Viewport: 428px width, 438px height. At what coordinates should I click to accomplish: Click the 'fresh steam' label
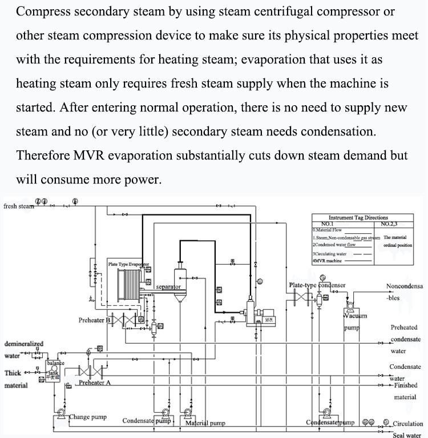pos(19,206)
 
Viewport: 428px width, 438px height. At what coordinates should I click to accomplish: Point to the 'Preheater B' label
pos(95,320)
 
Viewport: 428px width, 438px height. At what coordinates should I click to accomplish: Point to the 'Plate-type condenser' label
pos(317,285)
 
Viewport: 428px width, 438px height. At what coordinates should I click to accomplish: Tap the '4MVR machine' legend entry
pos(329,261)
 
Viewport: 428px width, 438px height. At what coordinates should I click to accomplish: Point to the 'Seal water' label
pos(406,433)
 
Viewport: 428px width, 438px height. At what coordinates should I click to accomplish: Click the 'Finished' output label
pos(406,385)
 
